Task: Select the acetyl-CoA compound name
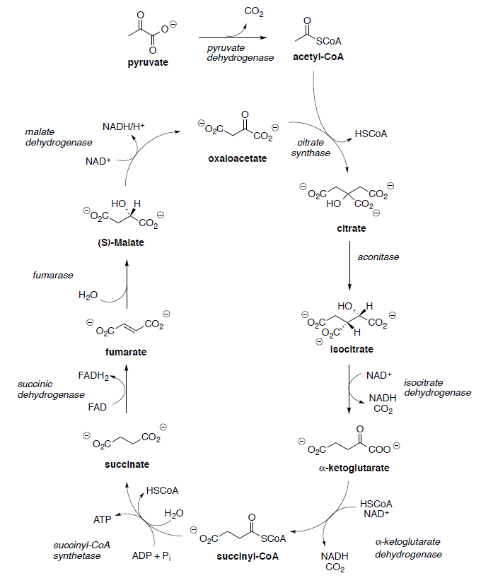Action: [x=318, y=57]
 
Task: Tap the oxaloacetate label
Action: [x=238, y=158]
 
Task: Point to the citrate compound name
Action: [x=352, y=229]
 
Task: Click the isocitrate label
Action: [x=352, y=349]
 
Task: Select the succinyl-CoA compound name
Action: [x=248, y=556]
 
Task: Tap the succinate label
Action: [x=127, y=464]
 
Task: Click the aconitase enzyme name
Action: [x=379, y=256]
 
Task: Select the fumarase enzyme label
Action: [x=53, y=275]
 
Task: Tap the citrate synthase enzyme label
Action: [x=311, y=148]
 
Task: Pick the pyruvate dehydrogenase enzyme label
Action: [x=240, y=52]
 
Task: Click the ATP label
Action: [x=103, y=519]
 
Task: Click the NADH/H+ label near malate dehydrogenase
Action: [x=123, y=126]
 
